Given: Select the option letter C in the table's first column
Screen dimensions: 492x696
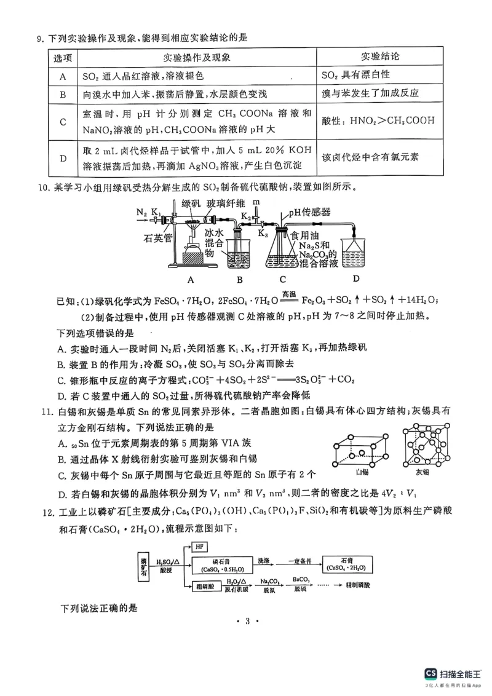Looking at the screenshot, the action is click(63, 121).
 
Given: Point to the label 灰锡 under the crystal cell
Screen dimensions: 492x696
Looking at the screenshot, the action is click(423, 472).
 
